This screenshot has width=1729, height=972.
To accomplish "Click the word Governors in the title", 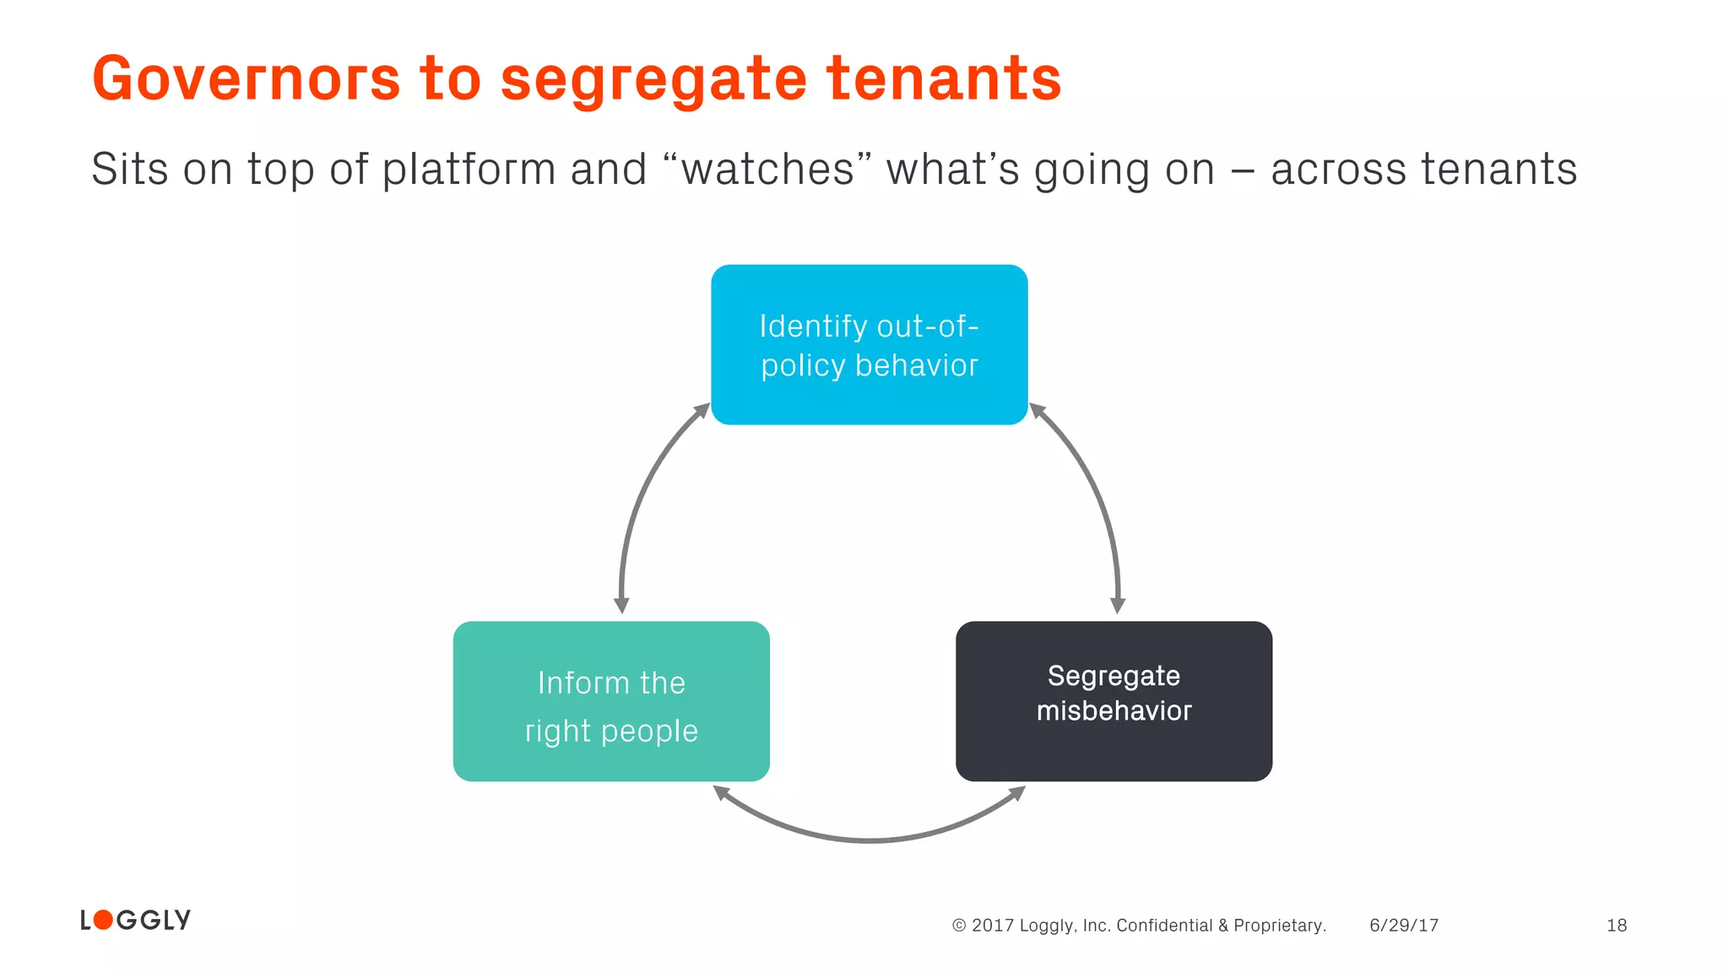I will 246,78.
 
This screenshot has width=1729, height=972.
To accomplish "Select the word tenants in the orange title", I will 943,78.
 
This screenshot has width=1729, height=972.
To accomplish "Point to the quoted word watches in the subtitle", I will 767,169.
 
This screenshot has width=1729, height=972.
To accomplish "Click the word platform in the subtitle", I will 468,170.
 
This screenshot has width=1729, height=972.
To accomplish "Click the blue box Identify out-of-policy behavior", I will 869,344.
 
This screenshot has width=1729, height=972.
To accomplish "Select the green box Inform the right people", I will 611,701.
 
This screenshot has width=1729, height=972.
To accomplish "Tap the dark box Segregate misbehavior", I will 1114,701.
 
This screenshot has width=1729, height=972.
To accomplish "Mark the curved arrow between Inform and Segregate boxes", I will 870,839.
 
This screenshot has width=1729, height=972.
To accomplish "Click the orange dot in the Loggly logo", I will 103,920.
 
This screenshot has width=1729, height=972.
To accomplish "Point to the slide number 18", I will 1617,926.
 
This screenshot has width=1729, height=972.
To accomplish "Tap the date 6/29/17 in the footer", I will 1404,926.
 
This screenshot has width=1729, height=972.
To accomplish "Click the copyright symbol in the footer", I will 959,926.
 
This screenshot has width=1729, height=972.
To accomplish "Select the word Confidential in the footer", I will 1164,926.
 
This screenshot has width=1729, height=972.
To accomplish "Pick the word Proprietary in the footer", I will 1279,926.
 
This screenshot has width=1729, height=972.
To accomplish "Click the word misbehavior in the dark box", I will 1114,711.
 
